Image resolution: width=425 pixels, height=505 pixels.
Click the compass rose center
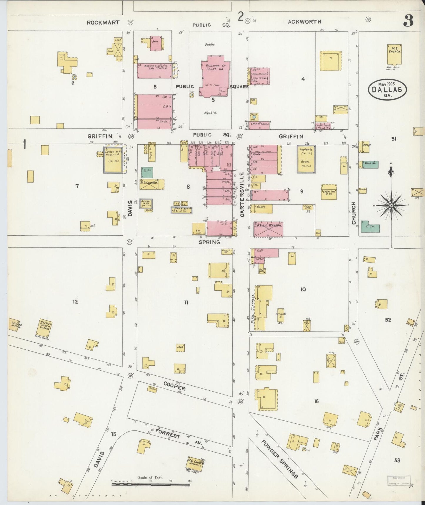(391, 205)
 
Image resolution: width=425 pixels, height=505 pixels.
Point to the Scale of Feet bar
(151, 484)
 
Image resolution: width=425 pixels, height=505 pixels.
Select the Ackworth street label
(304, 22)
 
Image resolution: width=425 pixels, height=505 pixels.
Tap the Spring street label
(209, 242)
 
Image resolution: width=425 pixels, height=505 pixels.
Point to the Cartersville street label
(242, 195)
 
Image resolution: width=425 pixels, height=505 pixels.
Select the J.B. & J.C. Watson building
(268, 229)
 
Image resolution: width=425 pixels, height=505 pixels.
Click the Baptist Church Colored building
(45, 328)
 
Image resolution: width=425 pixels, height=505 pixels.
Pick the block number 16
(316, 401)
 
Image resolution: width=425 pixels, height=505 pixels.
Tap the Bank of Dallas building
(259, 125)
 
